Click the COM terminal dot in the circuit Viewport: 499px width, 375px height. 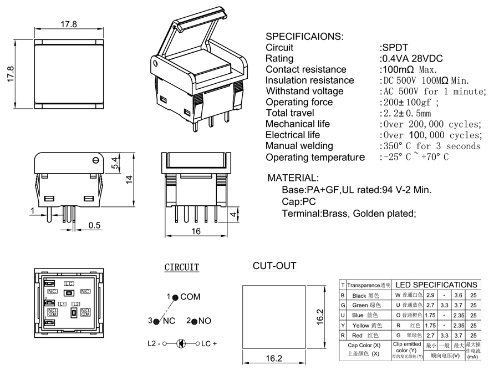point(175,298)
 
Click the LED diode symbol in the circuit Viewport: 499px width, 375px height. point(181,343)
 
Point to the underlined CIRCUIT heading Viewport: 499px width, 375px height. point(182,267)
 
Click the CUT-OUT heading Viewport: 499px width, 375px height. point(274,266)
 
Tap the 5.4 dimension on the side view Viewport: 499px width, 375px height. point(114,163)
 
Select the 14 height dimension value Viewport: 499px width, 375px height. point(129,179)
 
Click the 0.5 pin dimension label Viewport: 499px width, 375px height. point(95,225)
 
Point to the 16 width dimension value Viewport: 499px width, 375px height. point(196,232)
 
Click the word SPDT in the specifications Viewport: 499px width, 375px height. point(395,48)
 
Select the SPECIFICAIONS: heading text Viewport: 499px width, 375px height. point(304,37)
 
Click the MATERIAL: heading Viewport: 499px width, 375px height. point(293,179)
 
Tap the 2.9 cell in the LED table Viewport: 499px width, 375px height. point(430,296)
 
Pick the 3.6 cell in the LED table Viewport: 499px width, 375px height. point(458,296)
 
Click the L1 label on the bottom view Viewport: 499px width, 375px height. point(62,304)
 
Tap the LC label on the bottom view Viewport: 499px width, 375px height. point(69,283)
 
